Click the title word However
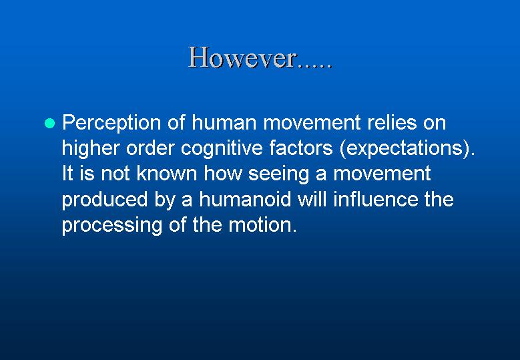pos(242,57)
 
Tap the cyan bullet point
pos(50,123)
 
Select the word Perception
pos(111,124)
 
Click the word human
pos(224,122)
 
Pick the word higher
pos(91,149)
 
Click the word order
pos(150,148)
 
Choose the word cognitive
pos(222,149)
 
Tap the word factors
pos(301,148)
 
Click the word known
pos(167,173)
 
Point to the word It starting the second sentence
pos(67,173)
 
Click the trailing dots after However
pos(314,65)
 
